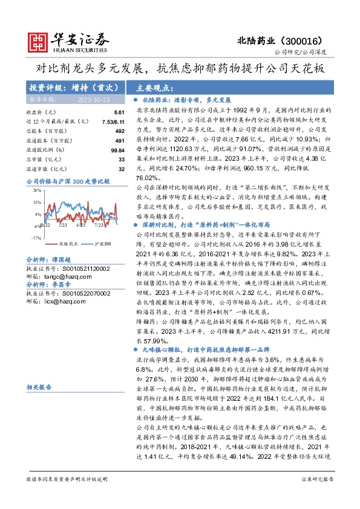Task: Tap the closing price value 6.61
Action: coord(119,112)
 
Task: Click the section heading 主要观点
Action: coord(154,87)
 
